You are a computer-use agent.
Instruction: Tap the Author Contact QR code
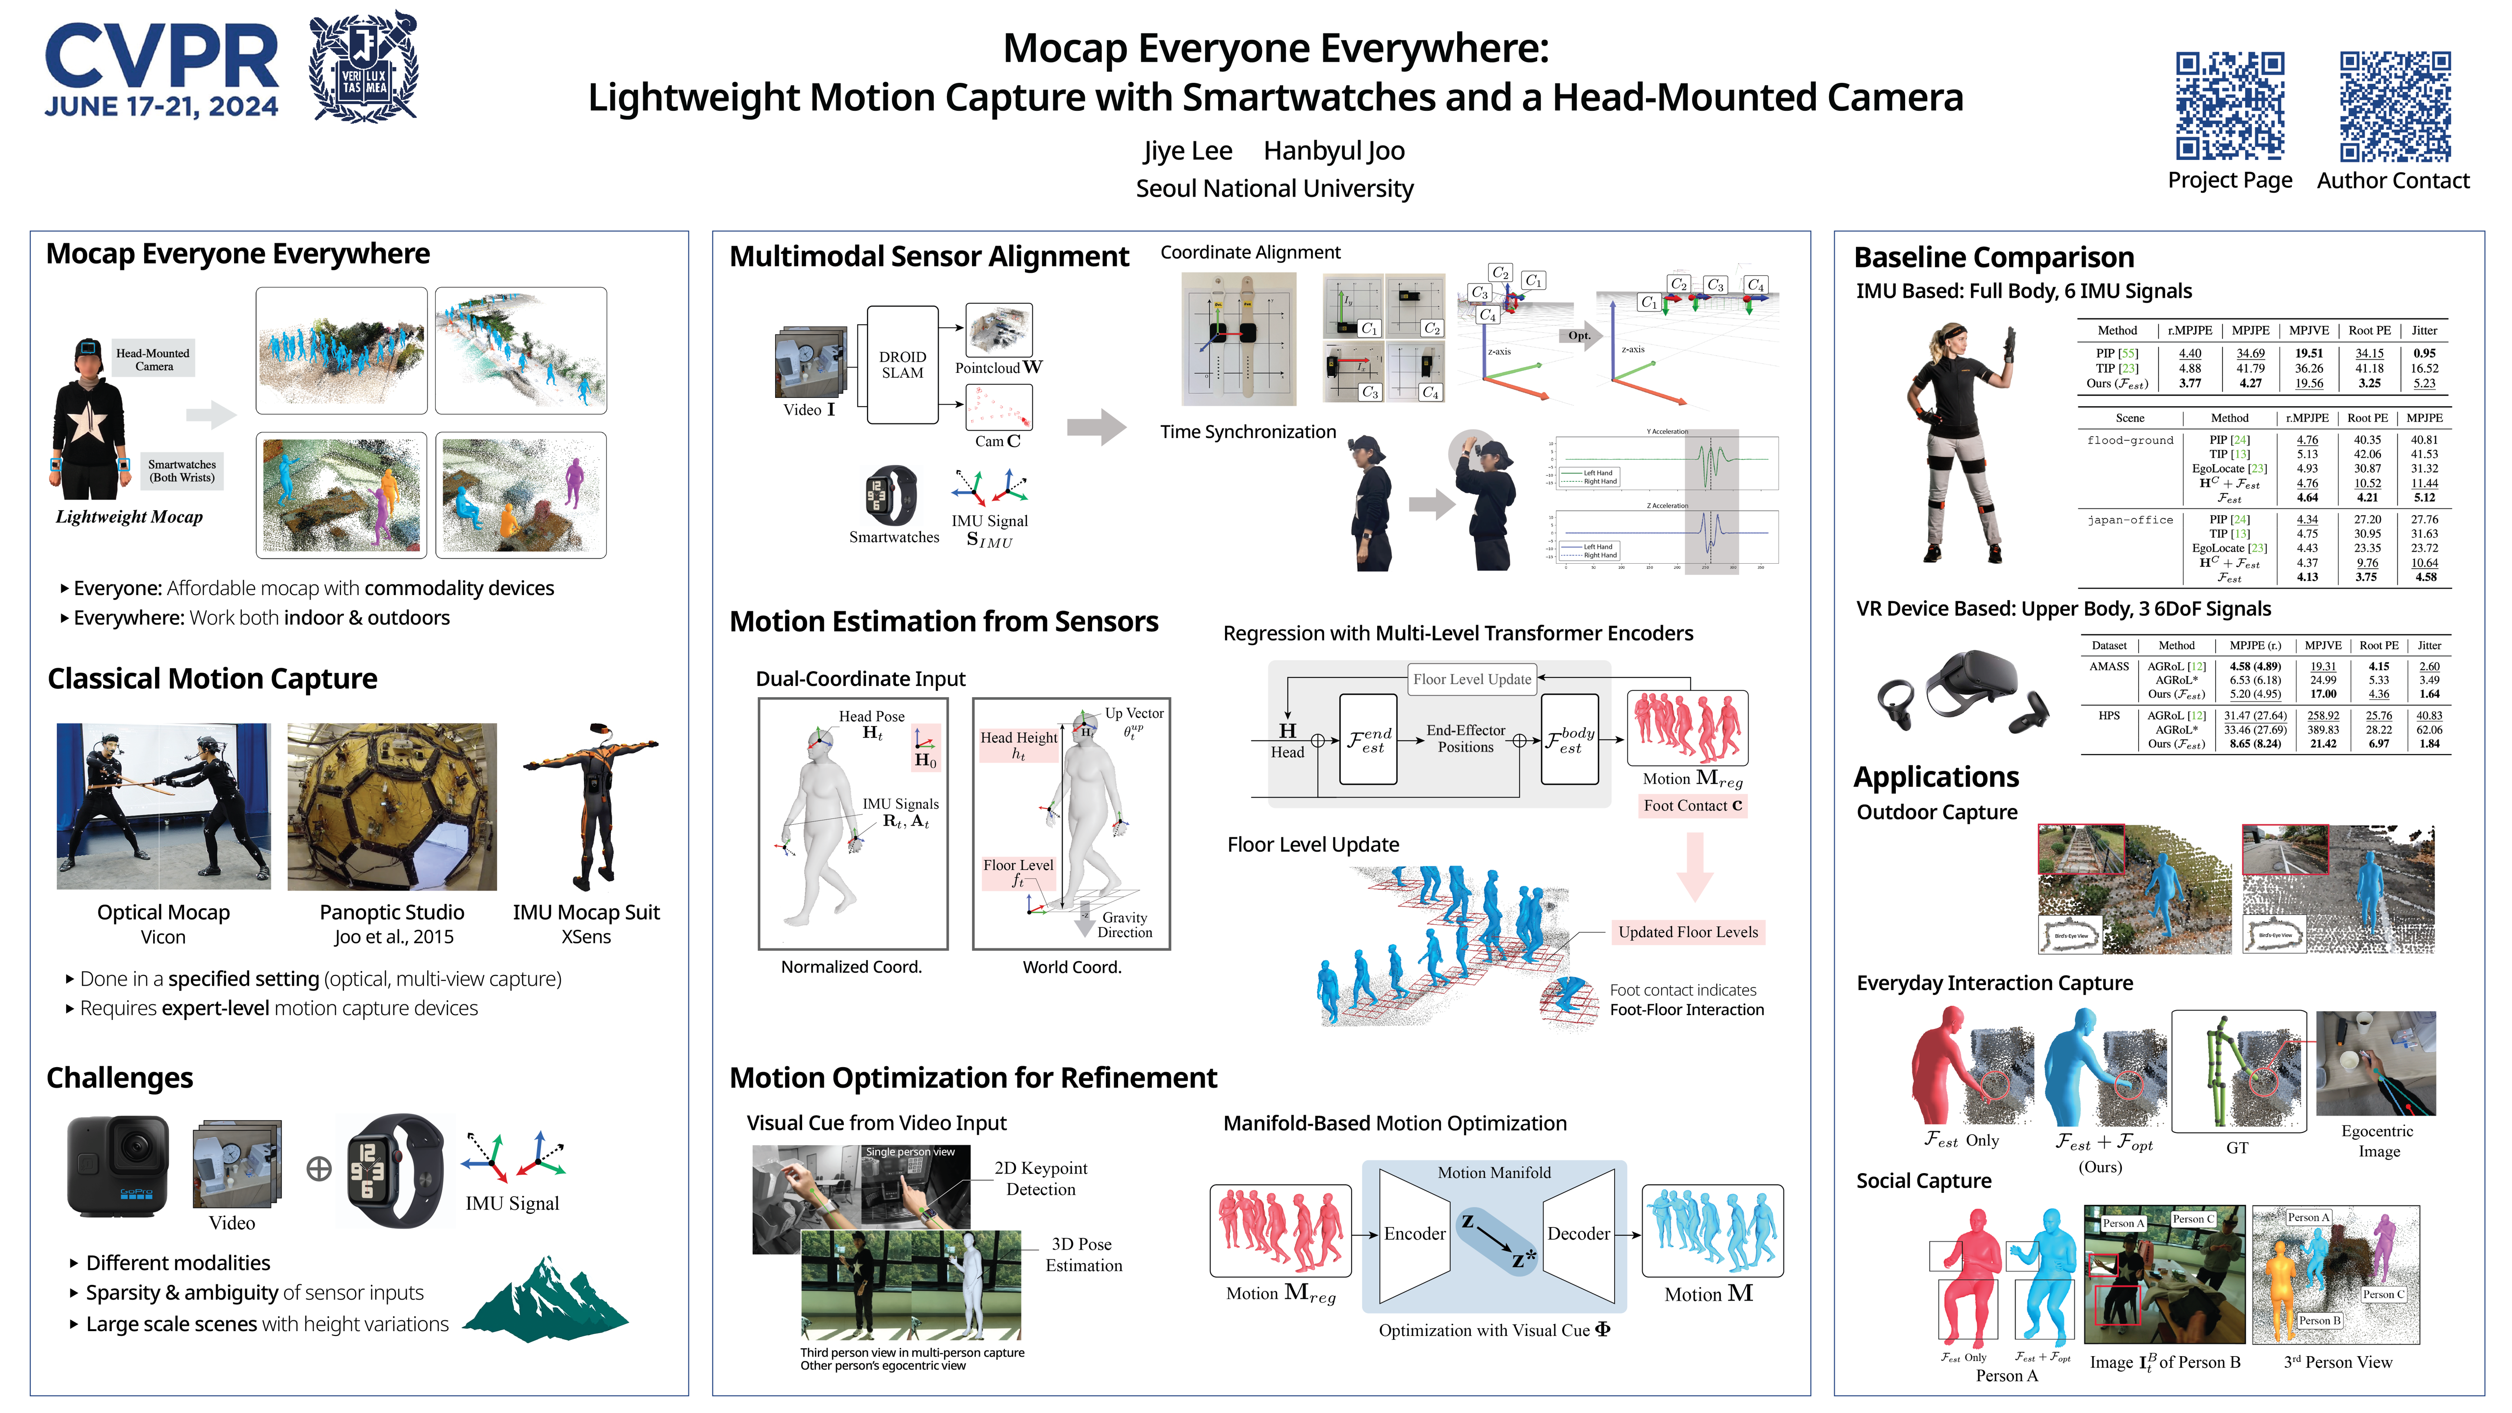2394,105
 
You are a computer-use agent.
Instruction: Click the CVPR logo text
161,58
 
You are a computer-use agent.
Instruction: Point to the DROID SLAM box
902,365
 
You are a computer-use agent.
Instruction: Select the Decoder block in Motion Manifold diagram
1578,1233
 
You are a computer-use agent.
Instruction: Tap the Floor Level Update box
1471,679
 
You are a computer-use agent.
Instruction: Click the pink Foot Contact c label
1692,806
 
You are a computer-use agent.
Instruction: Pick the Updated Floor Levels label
1687,932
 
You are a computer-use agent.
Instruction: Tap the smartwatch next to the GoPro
395,1170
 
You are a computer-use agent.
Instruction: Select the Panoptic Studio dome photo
392,807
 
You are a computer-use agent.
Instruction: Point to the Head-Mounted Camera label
153,359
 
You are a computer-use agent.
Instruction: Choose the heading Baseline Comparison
1993,258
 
